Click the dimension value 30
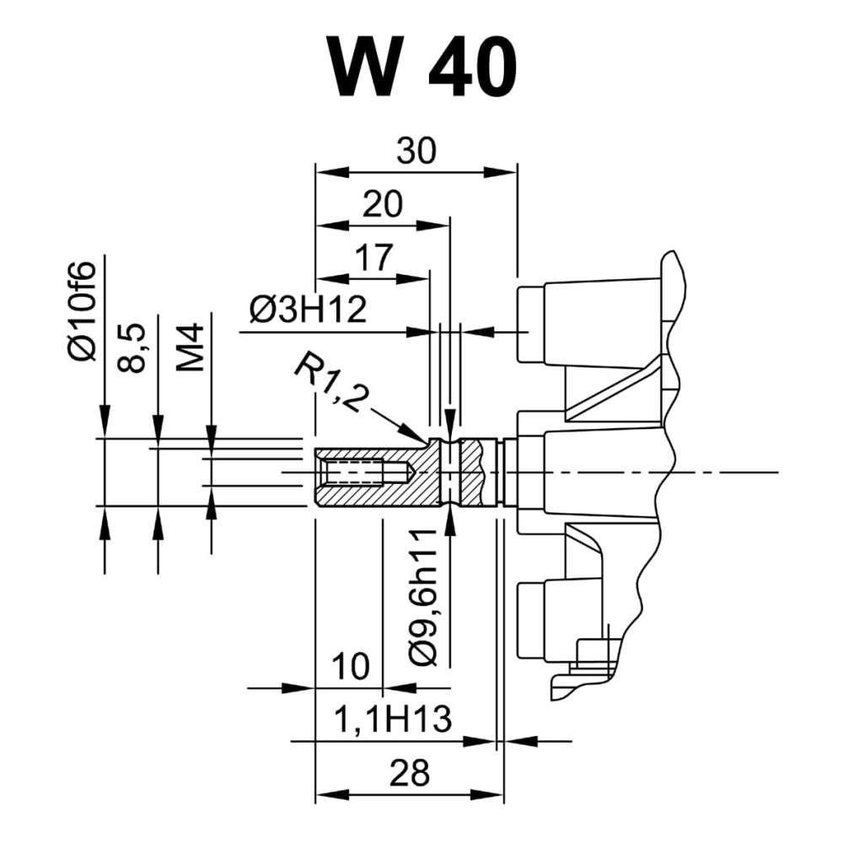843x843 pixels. (x=416, y=151)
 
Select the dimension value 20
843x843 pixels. (x=382, y=204)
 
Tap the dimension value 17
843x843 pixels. (x=372, y=258)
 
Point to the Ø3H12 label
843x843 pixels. (x=308, y=311)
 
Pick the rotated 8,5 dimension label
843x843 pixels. (x=139, y=345)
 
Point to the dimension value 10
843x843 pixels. (x=350, y=668)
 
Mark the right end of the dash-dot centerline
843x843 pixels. (x=776, y=472)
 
